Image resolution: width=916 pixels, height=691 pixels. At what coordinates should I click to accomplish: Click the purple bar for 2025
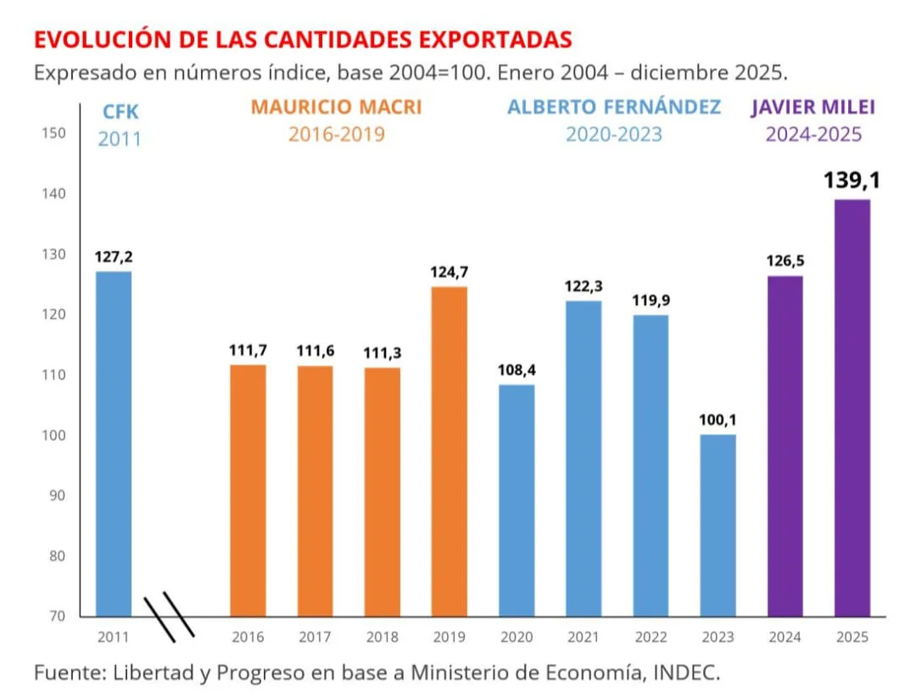pyautogui.click(x=852, y=407)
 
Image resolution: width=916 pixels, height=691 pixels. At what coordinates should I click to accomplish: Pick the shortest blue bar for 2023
pyautogui.click(x=718, y=525)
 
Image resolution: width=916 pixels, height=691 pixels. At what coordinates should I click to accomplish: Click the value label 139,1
pyautogui.click(x=852, y=181)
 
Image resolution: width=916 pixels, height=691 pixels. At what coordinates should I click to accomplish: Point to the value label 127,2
pyautogui.click(x=114, y=255)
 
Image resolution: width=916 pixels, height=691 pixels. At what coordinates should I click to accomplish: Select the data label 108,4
pyautogui.click(x=517, y=370)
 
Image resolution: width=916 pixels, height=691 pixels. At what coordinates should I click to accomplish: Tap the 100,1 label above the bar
pyautogui.click(x=718, y=419)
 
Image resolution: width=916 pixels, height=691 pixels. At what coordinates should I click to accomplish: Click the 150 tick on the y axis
pyautogui.click(x=53, y=133)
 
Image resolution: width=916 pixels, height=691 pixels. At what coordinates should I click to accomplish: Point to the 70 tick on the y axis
pyautogui.click(x=55, y=616)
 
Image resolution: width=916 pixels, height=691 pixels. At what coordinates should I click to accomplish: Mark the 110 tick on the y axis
pyautogui.click(x=53, y=375)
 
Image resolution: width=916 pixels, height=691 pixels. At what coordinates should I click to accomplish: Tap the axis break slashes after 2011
pyautogui.click(x=170, y=616)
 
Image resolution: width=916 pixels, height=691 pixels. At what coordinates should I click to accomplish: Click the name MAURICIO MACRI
pyautogui.click(x=336, y=108)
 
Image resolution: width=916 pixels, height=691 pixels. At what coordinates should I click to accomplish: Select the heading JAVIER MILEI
pyautogui.click(x=813, y=108)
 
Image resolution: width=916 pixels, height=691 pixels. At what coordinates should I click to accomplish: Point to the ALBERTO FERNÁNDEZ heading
pyautogui.click(x=614, y=108)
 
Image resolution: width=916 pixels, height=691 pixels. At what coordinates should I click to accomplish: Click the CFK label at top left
pyautogui.click(x=119, y=110)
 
